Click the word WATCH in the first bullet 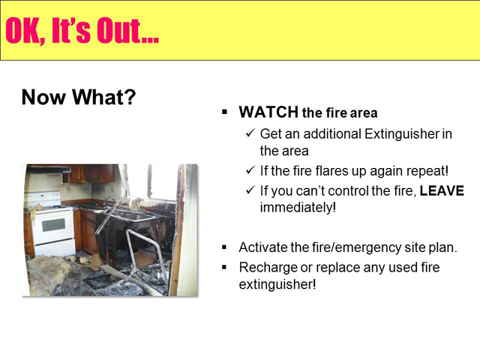coord(268,112)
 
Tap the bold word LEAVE coord(442,190)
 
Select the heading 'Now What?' coord(79,97)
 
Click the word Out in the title coord(127,31)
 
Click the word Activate coord(262,247)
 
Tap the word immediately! coord(298,208)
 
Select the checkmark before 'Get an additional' coord(250,133)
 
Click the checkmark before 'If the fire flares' coord(250,169)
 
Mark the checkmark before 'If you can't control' coord(250,190)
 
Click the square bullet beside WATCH coord(225,112)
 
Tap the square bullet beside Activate coord(225,247)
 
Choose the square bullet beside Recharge coord(225,268)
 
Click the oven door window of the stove coord(53,225)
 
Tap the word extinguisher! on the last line coord(277,285)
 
